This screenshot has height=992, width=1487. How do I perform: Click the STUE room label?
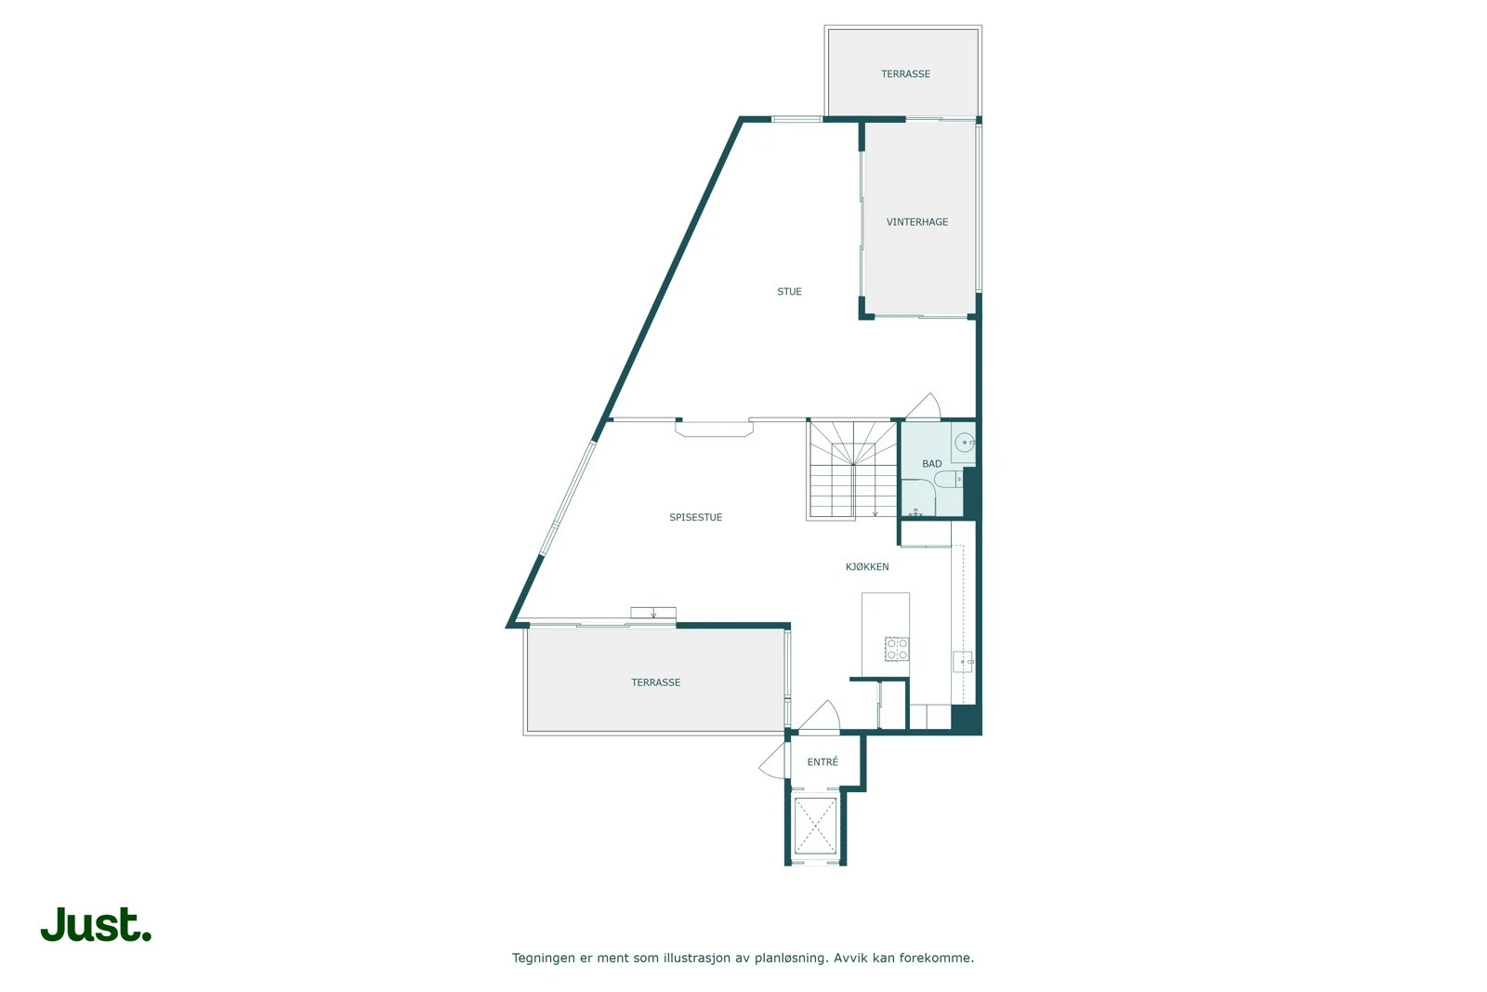pos(789,292)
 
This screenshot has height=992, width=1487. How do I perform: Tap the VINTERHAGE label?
pos(917,222)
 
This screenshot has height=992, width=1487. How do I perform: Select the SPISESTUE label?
pos(695,518)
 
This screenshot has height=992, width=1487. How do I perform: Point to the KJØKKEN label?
pos(867,567)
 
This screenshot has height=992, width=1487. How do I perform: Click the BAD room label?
pos(931,464)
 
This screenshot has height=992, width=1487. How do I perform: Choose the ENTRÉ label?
pos(822,762)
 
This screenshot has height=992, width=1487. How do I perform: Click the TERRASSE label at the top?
pos(905,74)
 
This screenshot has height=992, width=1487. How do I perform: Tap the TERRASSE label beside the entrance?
pos(656,682)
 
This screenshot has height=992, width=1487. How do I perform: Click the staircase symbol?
pos(852,470)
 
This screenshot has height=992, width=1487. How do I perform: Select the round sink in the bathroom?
pos(965,443)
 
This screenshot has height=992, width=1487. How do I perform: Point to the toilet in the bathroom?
pos(949,480)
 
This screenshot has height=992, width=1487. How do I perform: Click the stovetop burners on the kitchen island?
pos(897,649)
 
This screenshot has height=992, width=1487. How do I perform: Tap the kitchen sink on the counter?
pos(962,662)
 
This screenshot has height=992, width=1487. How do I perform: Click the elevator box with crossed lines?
pos(815,825)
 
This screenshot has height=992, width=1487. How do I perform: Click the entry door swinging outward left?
pos(773,761)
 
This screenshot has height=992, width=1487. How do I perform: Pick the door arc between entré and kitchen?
pos(821,716)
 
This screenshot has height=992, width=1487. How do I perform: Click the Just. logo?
pos(96,925)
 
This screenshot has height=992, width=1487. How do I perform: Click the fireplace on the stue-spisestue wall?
pos(714,429)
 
